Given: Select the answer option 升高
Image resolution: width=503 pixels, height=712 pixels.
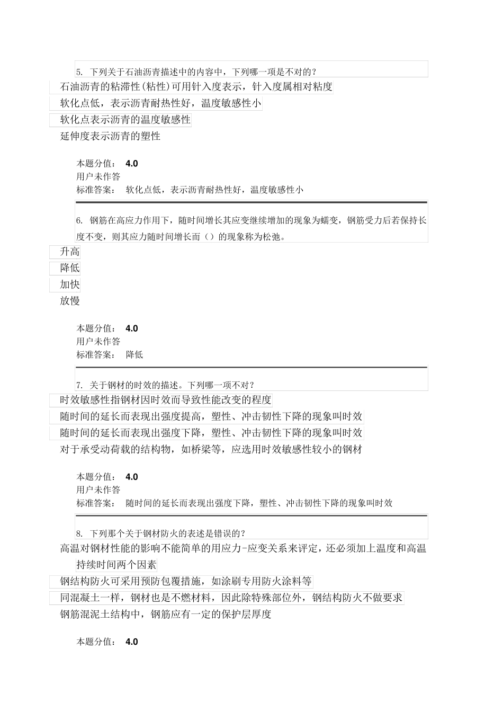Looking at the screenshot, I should (70, 252).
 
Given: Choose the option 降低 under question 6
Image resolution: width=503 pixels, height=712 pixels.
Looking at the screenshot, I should (70, 268).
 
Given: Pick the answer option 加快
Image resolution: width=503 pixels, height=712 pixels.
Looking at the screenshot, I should (70, 284).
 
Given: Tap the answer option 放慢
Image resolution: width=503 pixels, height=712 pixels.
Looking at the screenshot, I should (70, 301).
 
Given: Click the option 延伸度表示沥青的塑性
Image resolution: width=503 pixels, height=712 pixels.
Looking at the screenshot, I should (110, 136).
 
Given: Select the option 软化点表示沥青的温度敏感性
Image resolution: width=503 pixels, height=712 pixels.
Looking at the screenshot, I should (125, 120).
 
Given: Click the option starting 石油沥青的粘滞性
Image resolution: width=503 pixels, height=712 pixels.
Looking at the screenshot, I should (196, 87).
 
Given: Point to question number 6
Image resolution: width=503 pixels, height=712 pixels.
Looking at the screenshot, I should (79, 220).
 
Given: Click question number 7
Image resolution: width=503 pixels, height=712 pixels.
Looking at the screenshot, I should (79, 385).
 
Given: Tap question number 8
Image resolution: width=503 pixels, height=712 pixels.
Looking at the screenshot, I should (79, 533).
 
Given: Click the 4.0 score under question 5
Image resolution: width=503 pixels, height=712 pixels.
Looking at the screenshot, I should (132, 164).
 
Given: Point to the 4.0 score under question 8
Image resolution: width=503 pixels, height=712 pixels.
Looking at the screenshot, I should (132, 642).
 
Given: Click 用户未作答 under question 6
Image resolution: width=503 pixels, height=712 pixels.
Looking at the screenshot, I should (98, 342).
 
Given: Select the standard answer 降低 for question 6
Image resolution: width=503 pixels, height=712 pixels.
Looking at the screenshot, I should (134, 355).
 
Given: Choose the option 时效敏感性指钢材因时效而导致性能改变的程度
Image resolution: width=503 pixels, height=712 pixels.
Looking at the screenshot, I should (166, 400).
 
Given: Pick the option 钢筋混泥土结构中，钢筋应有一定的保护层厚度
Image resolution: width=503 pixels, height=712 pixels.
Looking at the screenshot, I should (166, 615).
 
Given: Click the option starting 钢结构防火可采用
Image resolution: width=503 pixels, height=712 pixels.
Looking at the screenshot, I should (186, 582).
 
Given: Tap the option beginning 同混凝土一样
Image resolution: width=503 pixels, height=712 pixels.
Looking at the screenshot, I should (231, 598).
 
